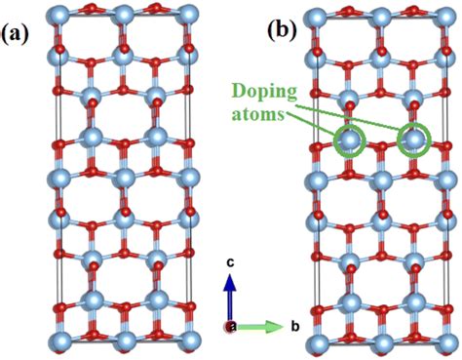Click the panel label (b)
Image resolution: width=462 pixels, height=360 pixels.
click(x=283, y=30)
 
